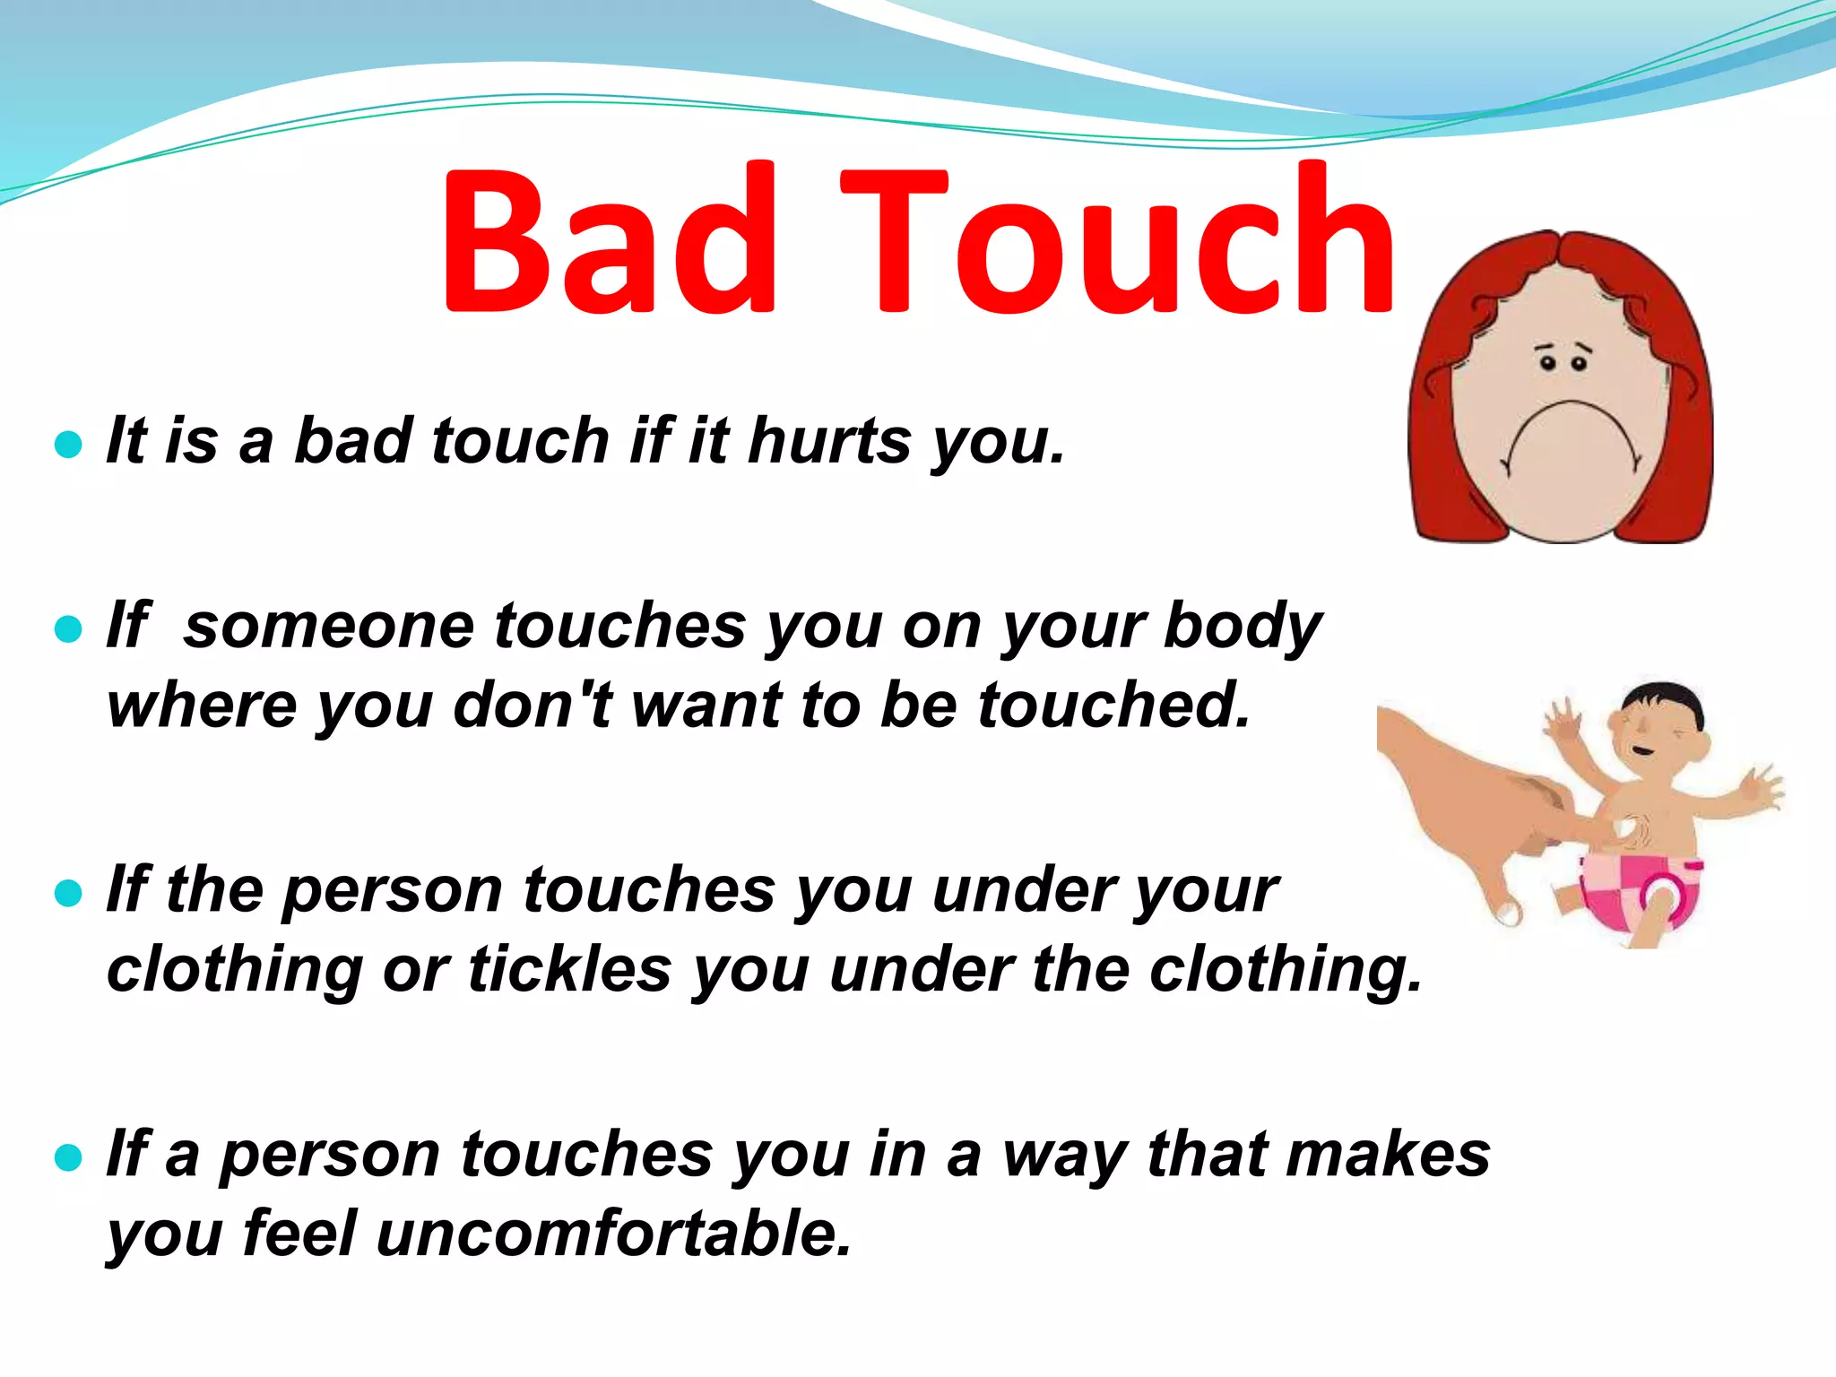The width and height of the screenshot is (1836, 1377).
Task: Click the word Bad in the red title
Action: coord(610,240)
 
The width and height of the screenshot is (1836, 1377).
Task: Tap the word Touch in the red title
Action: coord(1117,240)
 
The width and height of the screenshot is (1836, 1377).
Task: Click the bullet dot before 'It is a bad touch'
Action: coord(68,444)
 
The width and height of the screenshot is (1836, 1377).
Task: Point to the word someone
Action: coord(328,626)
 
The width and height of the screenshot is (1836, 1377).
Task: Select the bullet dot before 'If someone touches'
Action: coord(68,629)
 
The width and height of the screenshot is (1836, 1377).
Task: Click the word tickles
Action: coord(569,970)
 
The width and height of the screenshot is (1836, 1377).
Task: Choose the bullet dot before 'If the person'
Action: coord(68,893)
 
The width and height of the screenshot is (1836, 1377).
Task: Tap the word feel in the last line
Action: coord(299,1234)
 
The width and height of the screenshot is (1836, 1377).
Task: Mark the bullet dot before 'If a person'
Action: coord(68,1157)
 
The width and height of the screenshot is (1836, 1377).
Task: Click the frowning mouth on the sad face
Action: coord(1572,430)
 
